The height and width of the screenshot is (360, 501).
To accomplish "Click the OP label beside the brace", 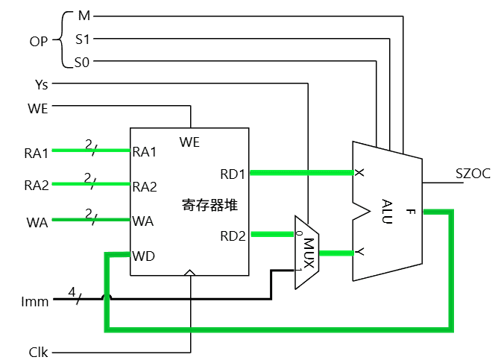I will coord(38,40).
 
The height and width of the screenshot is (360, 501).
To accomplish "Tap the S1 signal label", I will coord(82,39).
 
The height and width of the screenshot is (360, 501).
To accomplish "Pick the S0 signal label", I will coord(82,63).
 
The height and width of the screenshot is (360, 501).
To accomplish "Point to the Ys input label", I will coord(42,85).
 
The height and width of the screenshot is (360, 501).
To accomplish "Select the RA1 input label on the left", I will coord(36,153).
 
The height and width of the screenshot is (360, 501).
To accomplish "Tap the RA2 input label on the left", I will coord(36,186).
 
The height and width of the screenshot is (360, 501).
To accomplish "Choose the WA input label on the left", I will coord(37,221).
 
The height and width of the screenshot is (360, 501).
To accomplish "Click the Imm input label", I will coord(36,302).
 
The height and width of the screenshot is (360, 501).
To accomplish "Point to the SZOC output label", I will coord(473,174).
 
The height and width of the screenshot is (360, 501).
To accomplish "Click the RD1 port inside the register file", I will coord(233,174).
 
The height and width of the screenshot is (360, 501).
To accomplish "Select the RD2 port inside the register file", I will coord(233,236).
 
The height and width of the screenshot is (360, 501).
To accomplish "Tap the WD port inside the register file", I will coord(144,256).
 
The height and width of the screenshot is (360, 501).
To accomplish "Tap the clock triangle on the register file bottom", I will coord(190,272).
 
